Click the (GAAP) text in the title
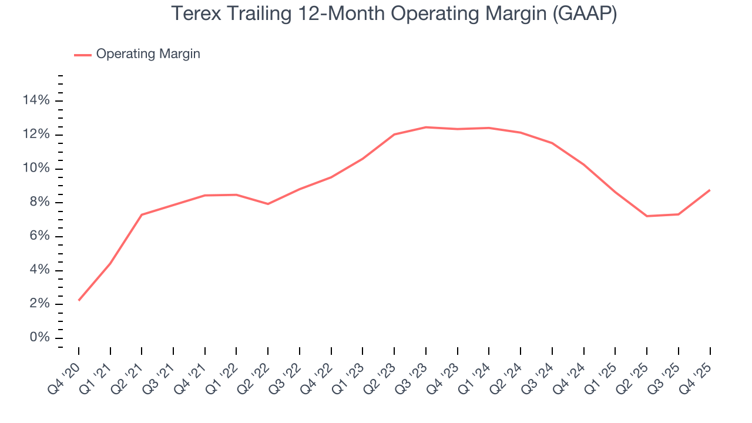585,14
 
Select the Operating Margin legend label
148,54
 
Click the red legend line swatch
82,55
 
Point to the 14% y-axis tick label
36,101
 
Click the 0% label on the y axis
40,338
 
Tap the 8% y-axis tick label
40,203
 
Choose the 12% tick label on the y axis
36,135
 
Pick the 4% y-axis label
40,270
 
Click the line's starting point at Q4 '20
79,300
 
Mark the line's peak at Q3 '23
426,127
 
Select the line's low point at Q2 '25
647,216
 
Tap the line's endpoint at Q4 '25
710,190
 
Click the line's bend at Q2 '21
142,214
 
